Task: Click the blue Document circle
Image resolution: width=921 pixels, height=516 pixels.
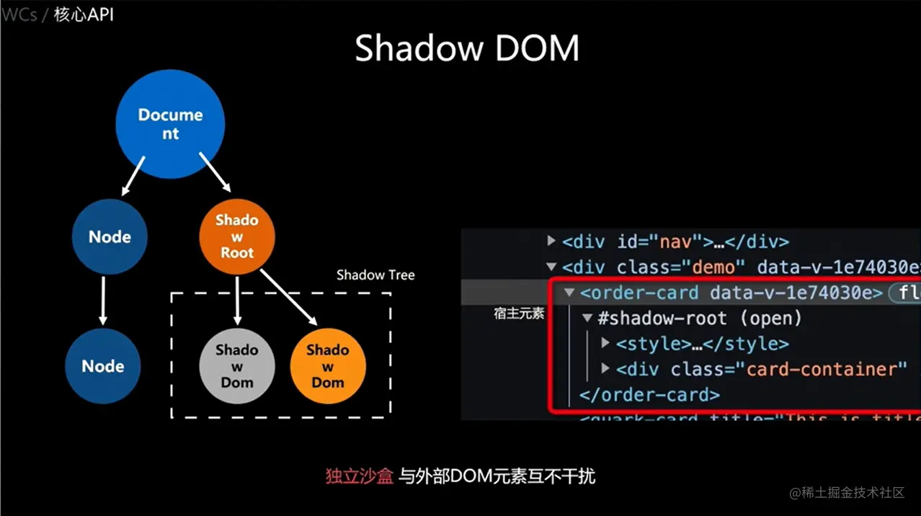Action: click(x=170, y=124)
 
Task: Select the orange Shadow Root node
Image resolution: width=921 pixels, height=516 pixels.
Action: click(x=237, y=236)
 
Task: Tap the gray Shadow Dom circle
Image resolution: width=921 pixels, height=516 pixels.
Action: click(x=236, y=366)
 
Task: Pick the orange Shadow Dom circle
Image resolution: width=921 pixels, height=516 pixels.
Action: click(x=328, y=366)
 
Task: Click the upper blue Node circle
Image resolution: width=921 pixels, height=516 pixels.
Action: click(x=110, y=237)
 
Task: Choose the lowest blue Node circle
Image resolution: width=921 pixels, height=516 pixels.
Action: click(x=102, y=366)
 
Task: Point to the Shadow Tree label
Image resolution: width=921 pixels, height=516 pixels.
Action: click(x=375, y=275)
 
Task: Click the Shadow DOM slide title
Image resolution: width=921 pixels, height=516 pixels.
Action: click(x=467, y=48)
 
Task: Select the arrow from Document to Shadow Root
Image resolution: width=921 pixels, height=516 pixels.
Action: click(x=214, y=172)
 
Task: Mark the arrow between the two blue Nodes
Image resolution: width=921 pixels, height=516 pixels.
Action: click(x=103, y=300)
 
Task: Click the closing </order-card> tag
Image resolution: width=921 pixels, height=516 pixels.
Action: click(x=649, y=395)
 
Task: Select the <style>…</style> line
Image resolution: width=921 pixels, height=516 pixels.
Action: click(x=702, y=344)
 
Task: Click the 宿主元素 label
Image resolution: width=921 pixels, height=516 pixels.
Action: click(x=519, y=313)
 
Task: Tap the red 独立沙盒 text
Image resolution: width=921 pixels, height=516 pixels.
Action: click(x=359, y=476)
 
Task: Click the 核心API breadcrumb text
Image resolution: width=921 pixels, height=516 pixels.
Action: click(x=84, y=14)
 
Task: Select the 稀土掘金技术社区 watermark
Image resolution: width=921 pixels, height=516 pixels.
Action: click(x=853, y=493)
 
